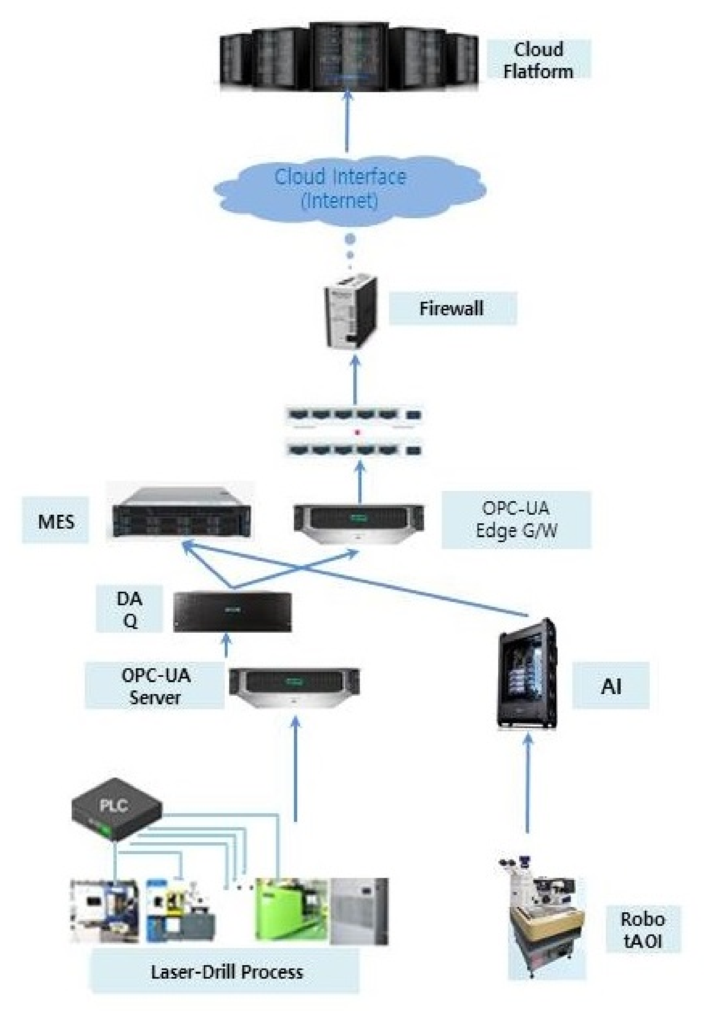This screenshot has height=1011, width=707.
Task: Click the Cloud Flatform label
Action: (538, 60)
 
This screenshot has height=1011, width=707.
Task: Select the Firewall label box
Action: (452, 308)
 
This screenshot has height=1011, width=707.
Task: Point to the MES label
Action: (55, 521)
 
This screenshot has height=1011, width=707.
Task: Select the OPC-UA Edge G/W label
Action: (515, 519)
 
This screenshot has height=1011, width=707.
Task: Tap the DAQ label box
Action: (129, 609)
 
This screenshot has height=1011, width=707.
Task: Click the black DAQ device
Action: (232, 612)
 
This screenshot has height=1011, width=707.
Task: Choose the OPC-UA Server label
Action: (155, 685)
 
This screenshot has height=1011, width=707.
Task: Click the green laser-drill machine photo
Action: (291, 911)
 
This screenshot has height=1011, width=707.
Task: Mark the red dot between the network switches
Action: (357, 433)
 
